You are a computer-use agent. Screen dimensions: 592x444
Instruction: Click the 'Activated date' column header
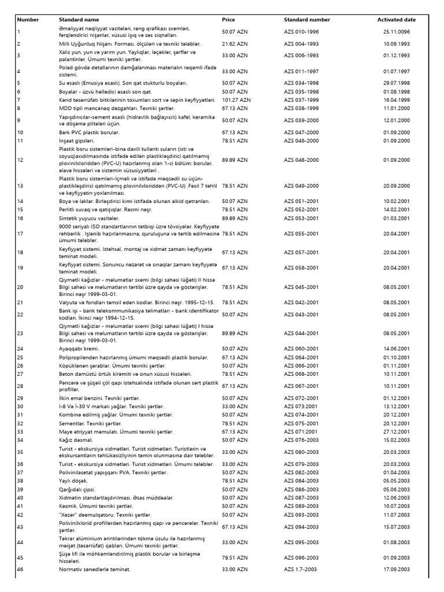click(396, 20)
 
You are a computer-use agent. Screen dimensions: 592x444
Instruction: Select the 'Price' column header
click(228, 20)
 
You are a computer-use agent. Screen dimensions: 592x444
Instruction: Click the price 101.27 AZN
click(235, 100)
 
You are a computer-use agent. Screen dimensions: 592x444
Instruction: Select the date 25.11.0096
click(396, 32)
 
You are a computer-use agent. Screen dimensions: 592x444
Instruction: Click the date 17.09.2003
click(396, 569)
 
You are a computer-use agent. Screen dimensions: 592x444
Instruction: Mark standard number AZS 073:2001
click(301, 407)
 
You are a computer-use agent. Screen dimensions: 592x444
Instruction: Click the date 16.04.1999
click(396, 100)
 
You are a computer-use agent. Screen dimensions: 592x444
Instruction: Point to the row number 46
click(21, 569)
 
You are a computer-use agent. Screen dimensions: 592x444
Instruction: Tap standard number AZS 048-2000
click(301, 160)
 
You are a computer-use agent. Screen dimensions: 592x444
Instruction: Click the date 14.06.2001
click(396, 349)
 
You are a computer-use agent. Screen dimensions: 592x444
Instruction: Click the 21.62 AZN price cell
click(234, 44)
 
